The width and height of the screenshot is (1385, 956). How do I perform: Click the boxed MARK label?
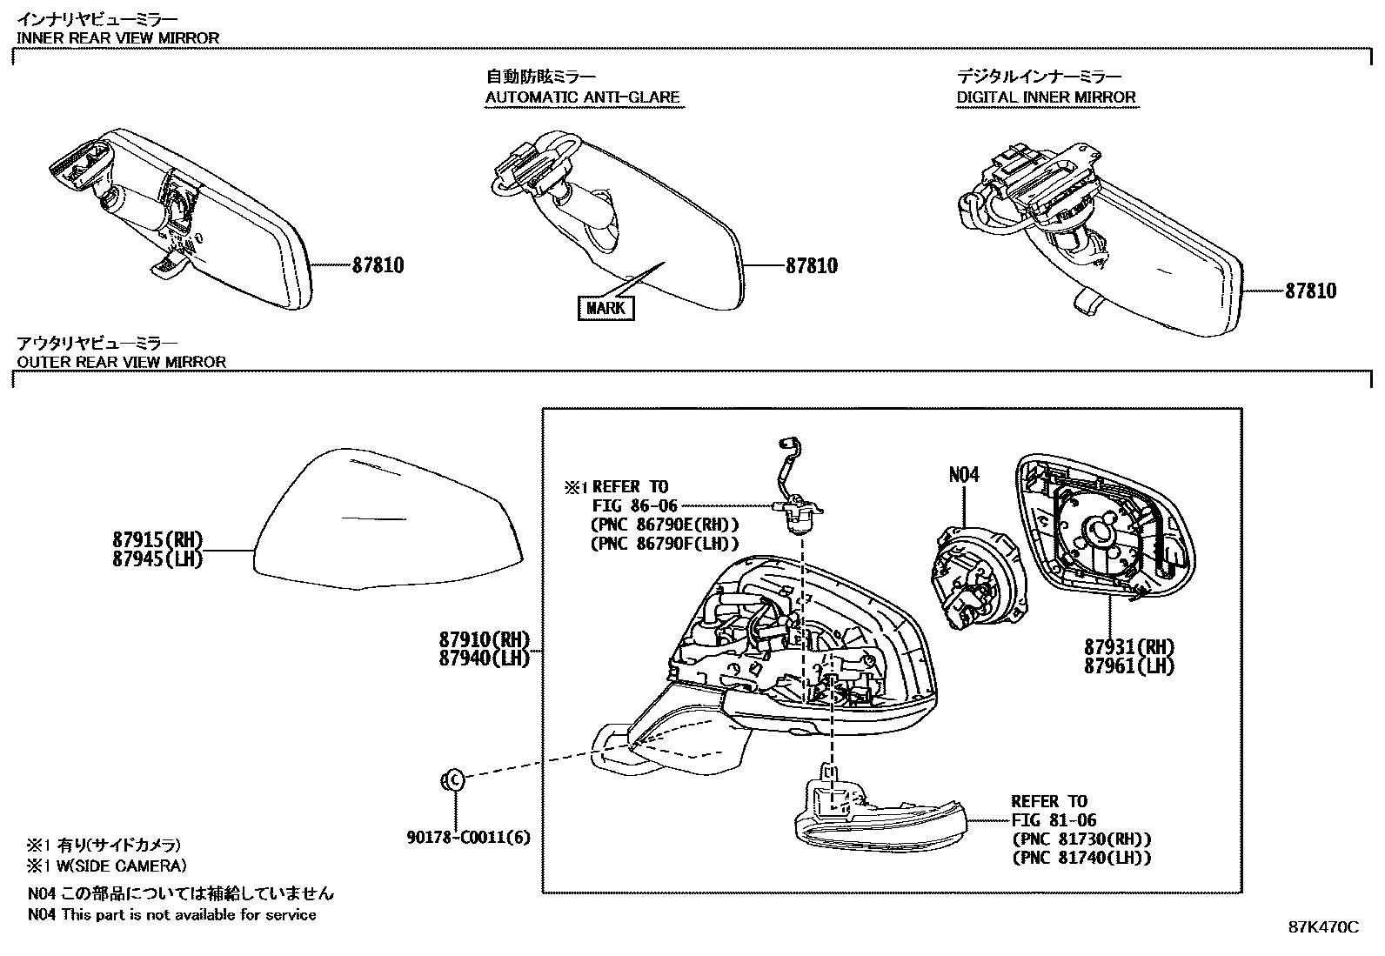[606, 308]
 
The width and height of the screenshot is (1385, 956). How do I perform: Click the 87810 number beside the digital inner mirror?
[1310, 291]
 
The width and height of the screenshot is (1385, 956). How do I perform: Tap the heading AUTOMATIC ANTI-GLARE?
[582, 97]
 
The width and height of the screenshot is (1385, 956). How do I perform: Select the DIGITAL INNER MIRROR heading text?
[1046, 97]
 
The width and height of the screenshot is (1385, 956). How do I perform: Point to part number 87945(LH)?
[157, 559]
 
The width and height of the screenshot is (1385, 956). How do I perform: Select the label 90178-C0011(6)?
[468, 837]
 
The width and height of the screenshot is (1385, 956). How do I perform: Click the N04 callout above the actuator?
[963, 475]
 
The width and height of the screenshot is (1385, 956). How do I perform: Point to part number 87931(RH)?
[1128, 647]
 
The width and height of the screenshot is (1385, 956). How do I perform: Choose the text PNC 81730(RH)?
[1081, 839]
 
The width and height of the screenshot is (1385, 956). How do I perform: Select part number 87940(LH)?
[484, 659]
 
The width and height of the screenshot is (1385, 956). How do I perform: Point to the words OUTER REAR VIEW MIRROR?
[122, 362]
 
